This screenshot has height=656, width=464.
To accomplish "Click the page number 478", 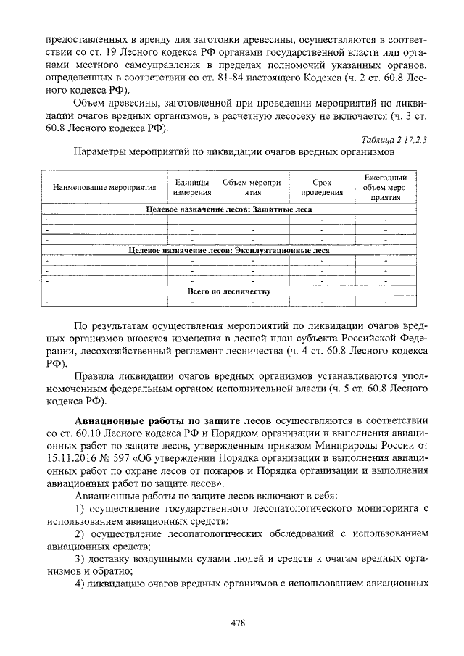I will coord(232,622).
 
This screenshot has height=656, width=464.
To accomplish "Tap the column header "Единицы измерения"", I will coord(192,187).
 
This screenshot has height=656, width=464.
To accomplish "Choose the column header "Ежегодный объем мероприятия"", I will coord(386,187).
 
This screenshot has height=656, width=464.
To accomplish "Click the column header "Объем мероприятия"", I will coord(252,187).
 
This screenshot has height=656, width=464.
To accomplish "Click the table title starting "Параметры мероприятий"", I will coord(233,154).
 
